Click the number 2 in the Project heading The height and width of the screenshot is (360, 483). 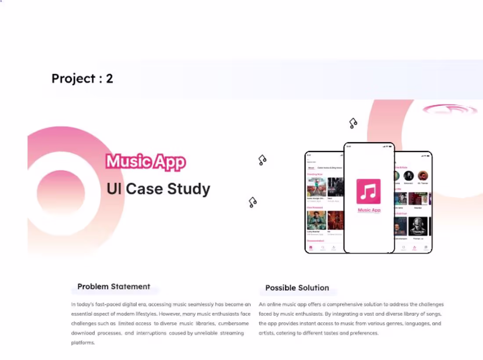[x=109, y=79]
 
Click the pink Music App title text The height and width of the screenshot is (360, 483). [x=146, y=162]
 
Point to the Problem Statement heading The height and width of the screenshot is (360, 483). [x=114, y=287]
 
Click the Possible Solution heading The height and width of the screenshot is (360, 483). [x=297, y=288]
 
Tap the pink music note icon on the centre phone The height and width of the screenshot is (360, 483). [x=368, y=191]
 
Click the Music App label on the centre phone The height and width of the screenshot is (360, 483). [x=369, y=210]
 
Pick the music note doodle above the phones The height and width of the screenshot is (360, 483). [x=353, y=123]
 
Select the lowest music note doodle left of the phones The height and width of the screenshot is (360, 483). [x=252, y=202]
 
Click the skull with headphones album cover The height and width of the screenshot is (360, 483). [x=418, y=226]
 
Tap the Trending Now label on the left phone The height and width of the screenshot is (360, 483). [x=314, y=174]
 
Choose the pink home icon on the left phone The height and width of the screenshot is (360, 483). [x=311, y=248]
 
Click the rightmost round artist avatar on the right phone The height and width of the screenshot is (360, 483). [x=422, y=176]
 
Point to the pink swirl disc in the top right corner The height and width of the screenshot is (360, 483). [x=450, y=109]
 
